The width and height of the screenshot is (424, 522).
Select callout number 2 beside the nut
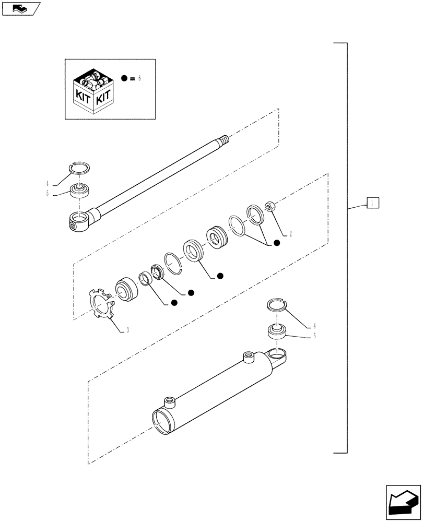(x=290, y=234)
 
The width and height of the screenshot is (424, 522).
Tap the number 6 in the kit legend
(x=140, y=78)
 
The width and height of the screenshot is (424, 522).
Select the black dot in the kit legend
(x=124, y=78)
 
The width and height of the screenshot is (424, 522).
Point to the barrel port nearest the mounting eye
(x=249, y=358)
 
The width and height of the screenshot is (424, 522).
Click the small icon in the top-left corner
(x=20, y=8)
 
